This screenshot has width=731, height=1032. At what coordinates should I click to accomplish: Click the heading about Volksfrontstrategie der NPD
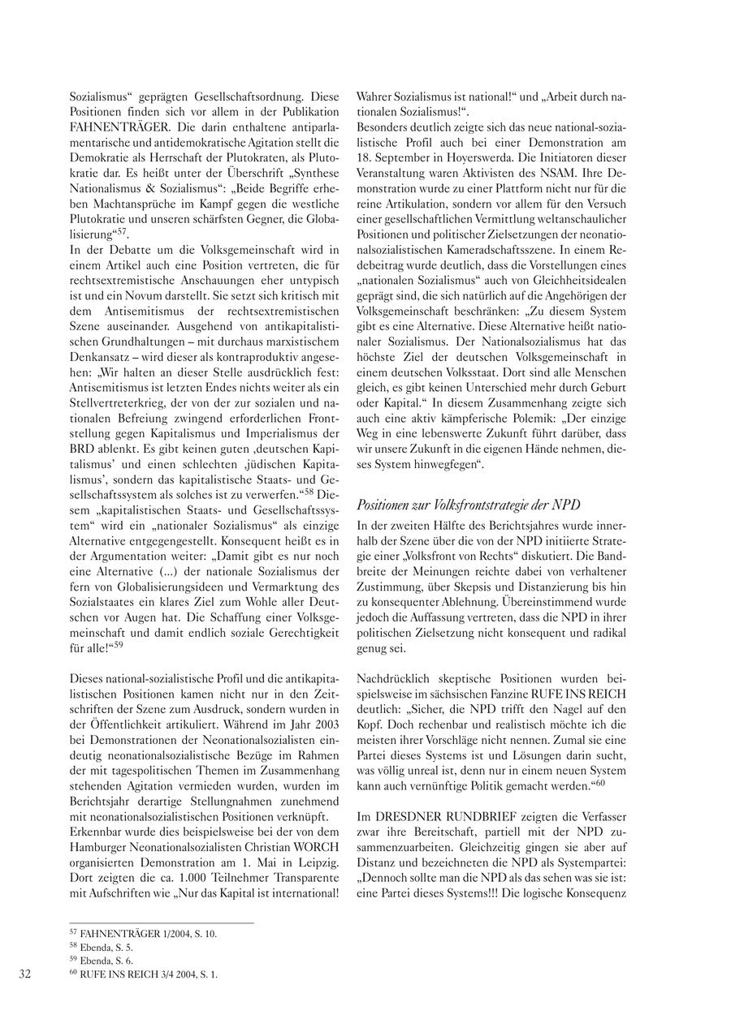pos(468,505)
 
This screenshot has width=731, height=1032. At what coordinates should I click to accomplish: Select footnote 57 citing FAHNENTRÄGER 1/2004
pos(143,933)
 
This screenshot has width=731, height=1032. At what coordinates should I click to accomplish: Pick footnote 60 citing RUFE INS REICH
pos(144,974)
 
